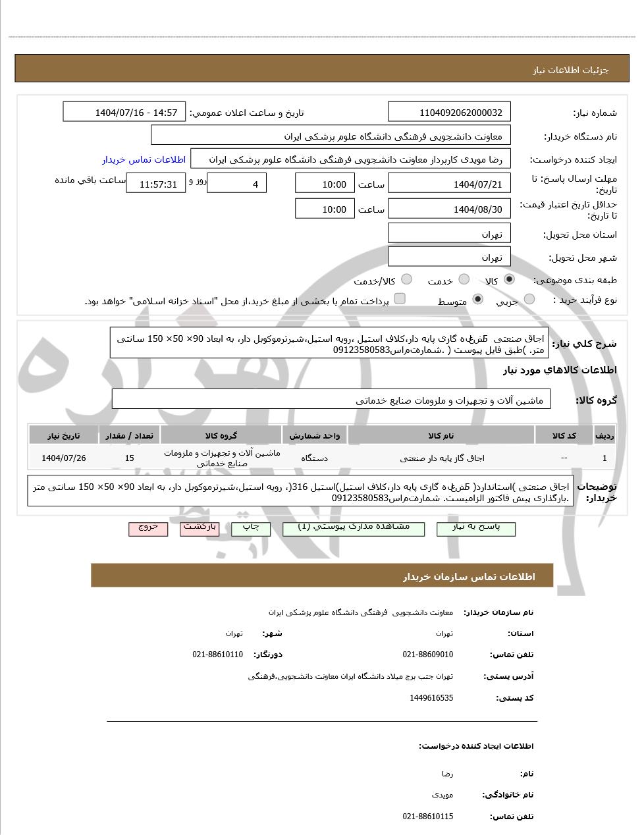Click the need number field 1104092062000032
click(x=450, y=113)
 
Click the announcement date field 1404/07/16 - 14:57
click(x=124, y=113)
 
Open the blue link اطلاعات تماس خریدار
click(x=144, y=159)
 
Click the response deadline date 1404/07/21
click(x=450, y=184)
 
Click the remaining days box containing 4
click(x=237, y=184)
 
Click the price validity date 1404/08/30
click(x=450, y=209)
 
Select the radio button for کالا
click(x=509, y=279)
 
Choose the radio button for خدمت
click(x=464, y=279)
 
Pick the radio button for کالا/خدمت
click(x=406, y=279)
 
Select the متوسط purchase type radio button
click(x=478, y=300)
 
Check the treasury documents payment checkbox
click(x=400, y=299)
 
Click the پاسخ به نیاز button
click(x=476, y=528)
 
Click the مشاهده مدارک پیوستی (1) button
click(x=354, y=528)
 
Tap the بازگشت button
click(x=200, y=528)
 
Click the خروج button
click(x=148, y=528)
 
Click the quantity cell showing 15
click(x=129, y=458)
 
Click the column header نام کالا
click(x=441, y=435)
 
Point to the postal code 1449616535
click(x=431, y=697)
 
